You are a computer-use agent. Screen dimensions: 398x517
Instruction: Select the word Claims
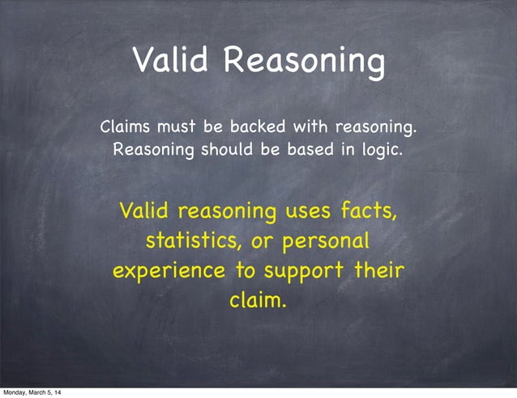point(125,127)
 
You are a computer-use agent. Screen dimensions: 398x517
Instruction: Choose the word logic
point(382,151)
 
